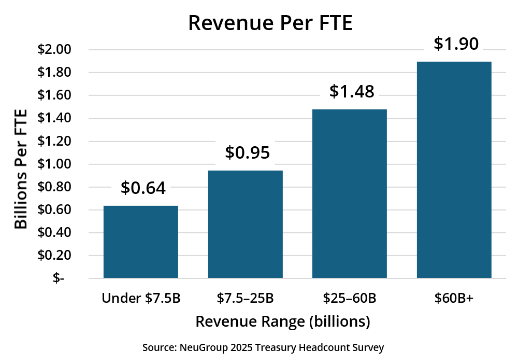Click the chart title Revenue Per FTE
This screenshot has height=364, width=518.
[270, 23]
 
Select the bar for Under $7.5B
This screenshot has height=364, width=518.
[141, 242]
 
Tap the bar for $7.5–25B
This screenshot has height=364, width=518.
[245, 224]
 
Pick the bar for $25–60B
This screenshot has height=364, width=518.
[349, 193]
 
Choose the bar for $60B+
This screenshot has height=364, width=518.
[454, 170]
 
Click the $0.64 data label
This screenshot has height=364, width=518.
[143, 188]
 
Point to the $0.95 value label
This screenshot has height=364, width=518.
[248, 152]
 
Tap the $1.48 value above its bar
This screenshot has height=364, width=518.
[352, 91]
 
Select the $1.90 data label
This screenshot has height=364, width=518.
[456, 44]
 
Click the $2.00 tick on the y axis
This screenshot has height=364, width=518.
[54, 50]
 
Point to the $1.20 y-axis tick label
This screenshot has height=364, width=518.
[54, 142]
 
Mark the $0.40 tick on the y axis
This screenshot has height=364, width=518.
[54, 233]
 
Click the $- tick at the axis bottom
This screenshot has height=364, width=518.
[59, 278]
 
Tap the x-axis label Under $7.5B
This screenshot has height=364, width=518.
[141, 298]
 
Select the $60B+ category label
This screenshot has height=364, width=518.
[454, 298]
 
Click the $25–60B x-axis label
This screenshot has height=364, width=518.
[349, 298]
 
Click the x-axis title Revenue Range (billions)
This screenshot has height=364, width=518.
[283, 322]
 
